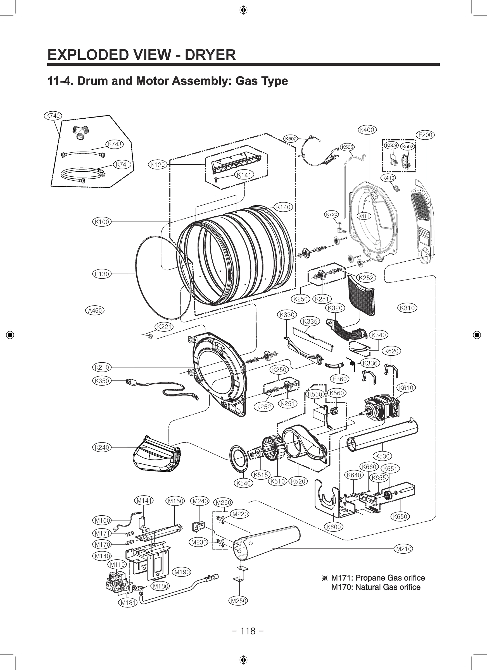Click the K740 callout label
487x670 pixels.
pos(53,116)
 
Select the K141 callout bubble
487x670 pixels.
pos(244,175)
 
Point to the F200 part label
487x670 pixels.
pos(425,135)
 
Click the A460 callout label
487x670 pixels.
pos(95,310)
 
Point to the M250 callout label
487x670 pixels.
pos(238,600)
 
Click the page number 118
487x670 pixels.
pos(248,631)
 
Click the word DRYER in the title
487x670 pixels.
pos(210,55)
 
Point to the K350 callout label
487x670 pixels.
pos(102,381)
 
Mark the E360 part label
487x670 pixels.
pos(339,379)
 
